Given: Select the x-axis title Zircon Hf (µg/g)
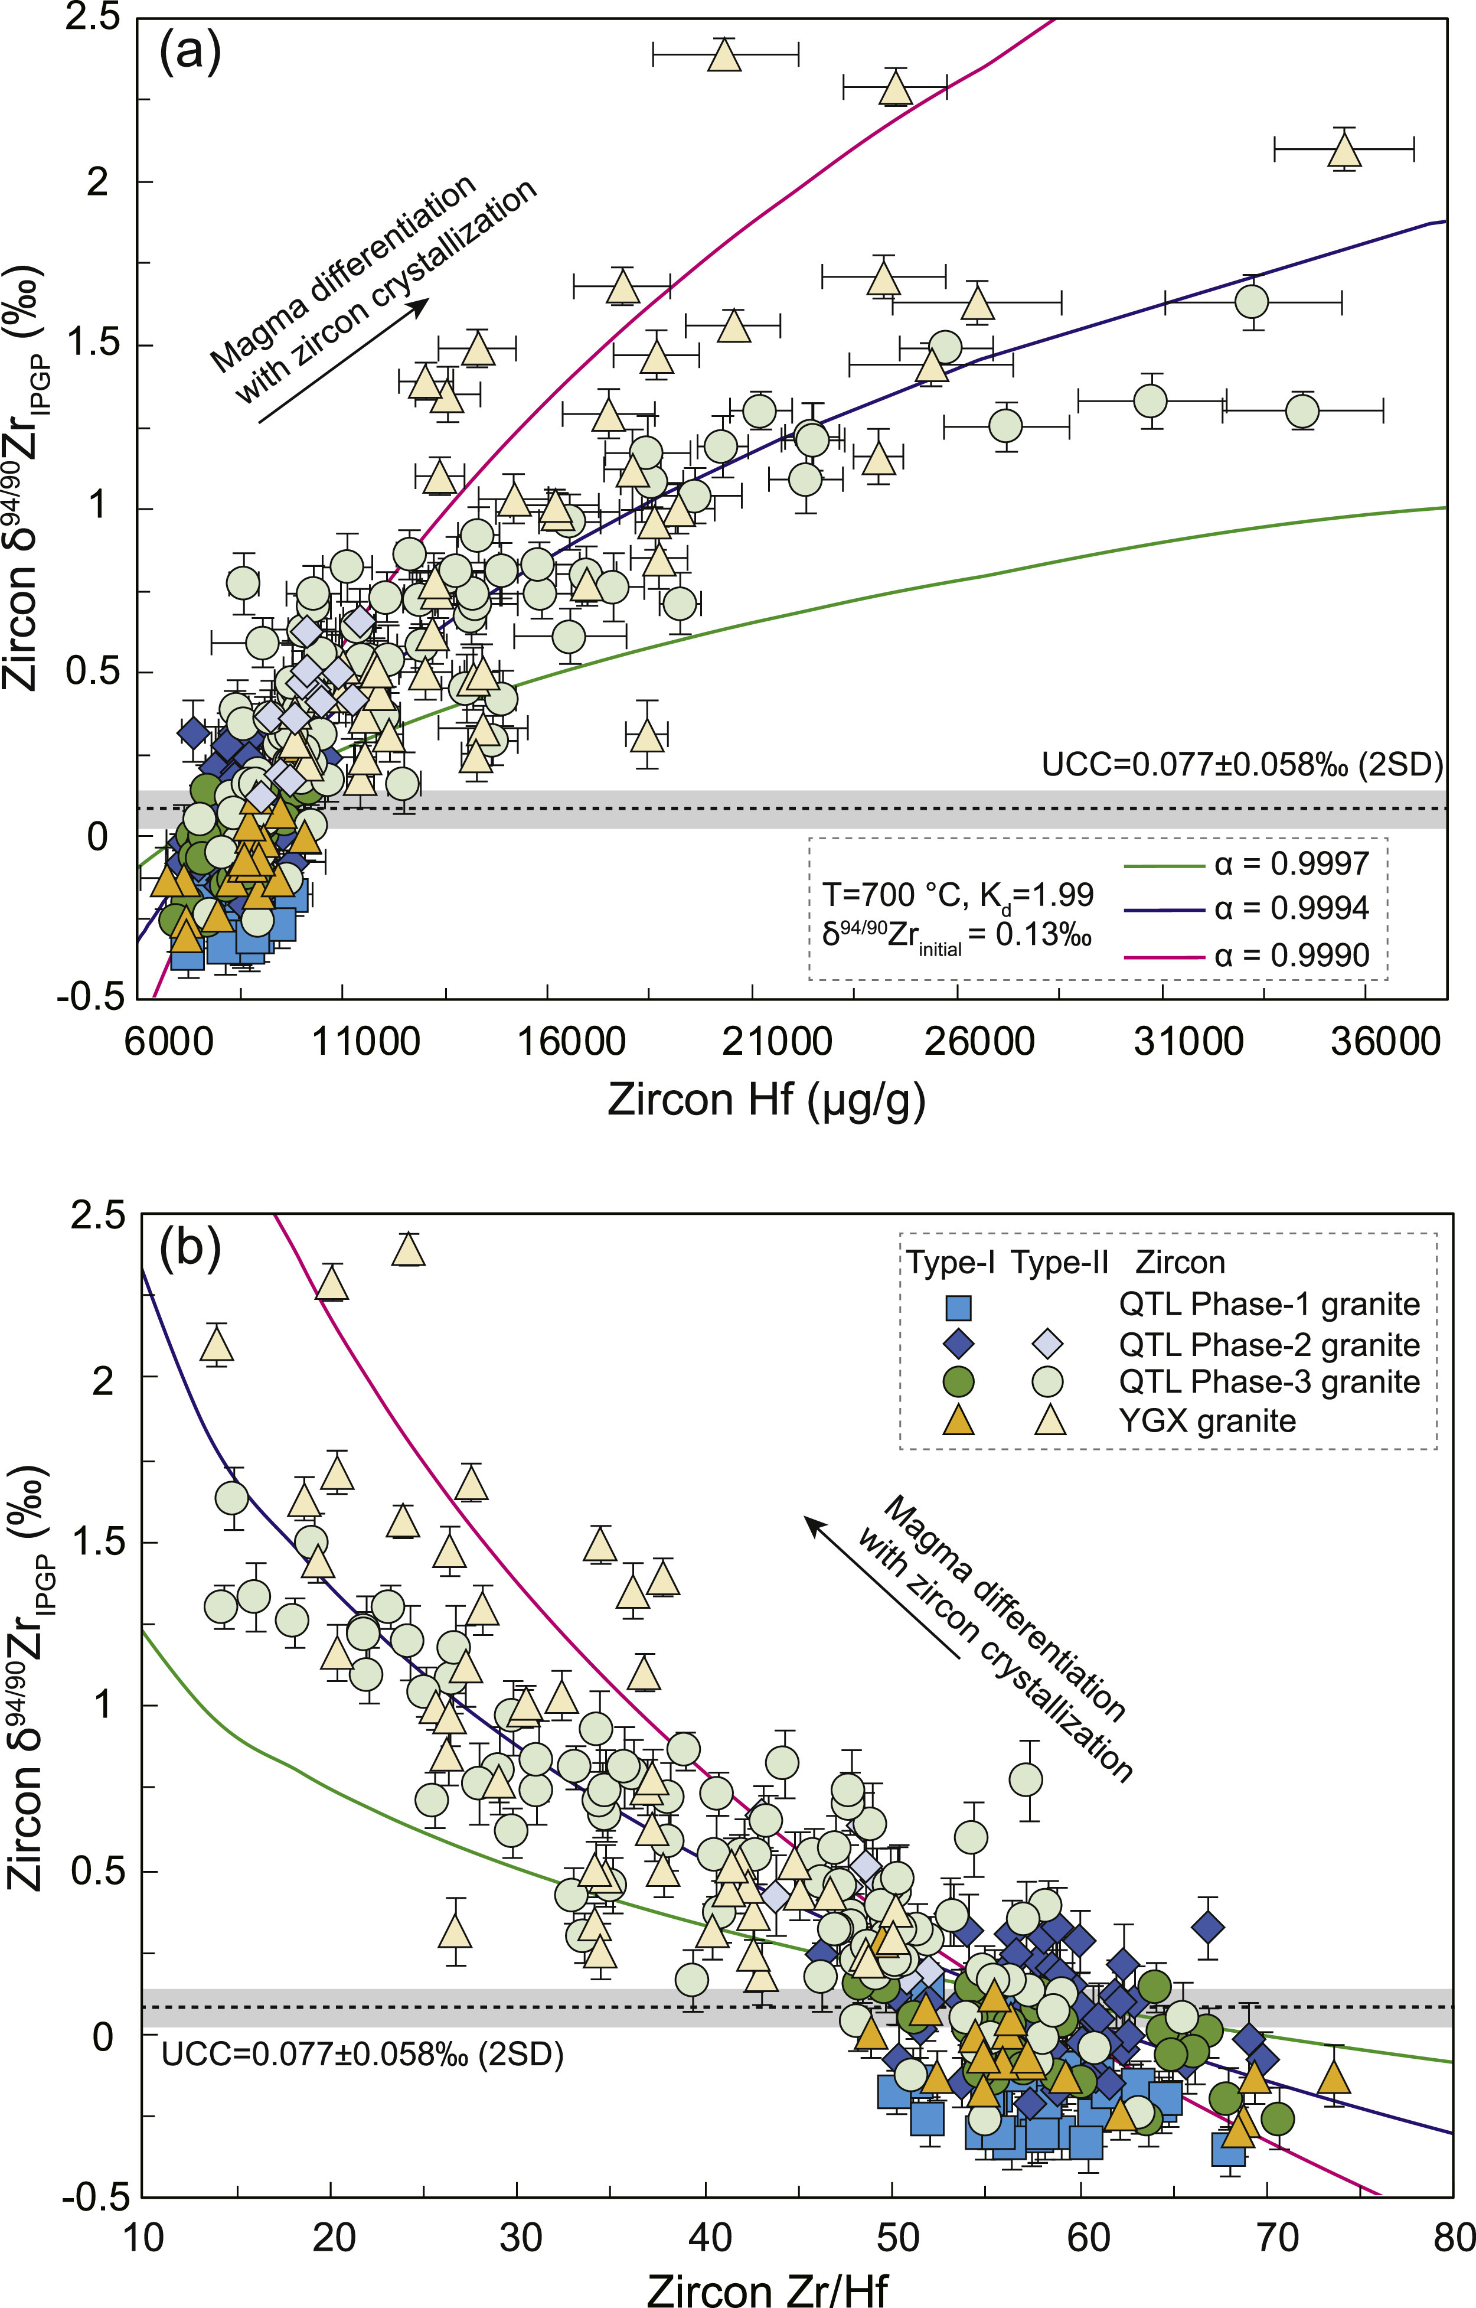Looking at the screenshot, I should (x=767, y=1100).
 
